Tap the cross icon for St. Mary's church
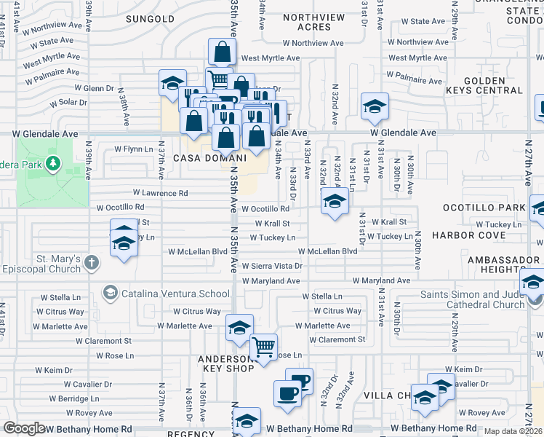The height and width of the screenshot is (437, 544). point(91,262)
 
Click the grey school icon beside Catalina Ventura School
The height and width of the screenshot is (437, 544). point(110,294)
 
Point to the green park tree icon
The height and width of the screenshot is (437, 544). point(52,164)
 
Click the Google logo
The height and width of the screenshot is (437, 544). point(24,428)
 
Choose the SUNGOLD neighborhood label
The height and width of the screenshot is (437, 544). point(150,18)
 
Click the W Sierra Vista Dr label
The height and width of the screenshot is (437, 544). point(271,267)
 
